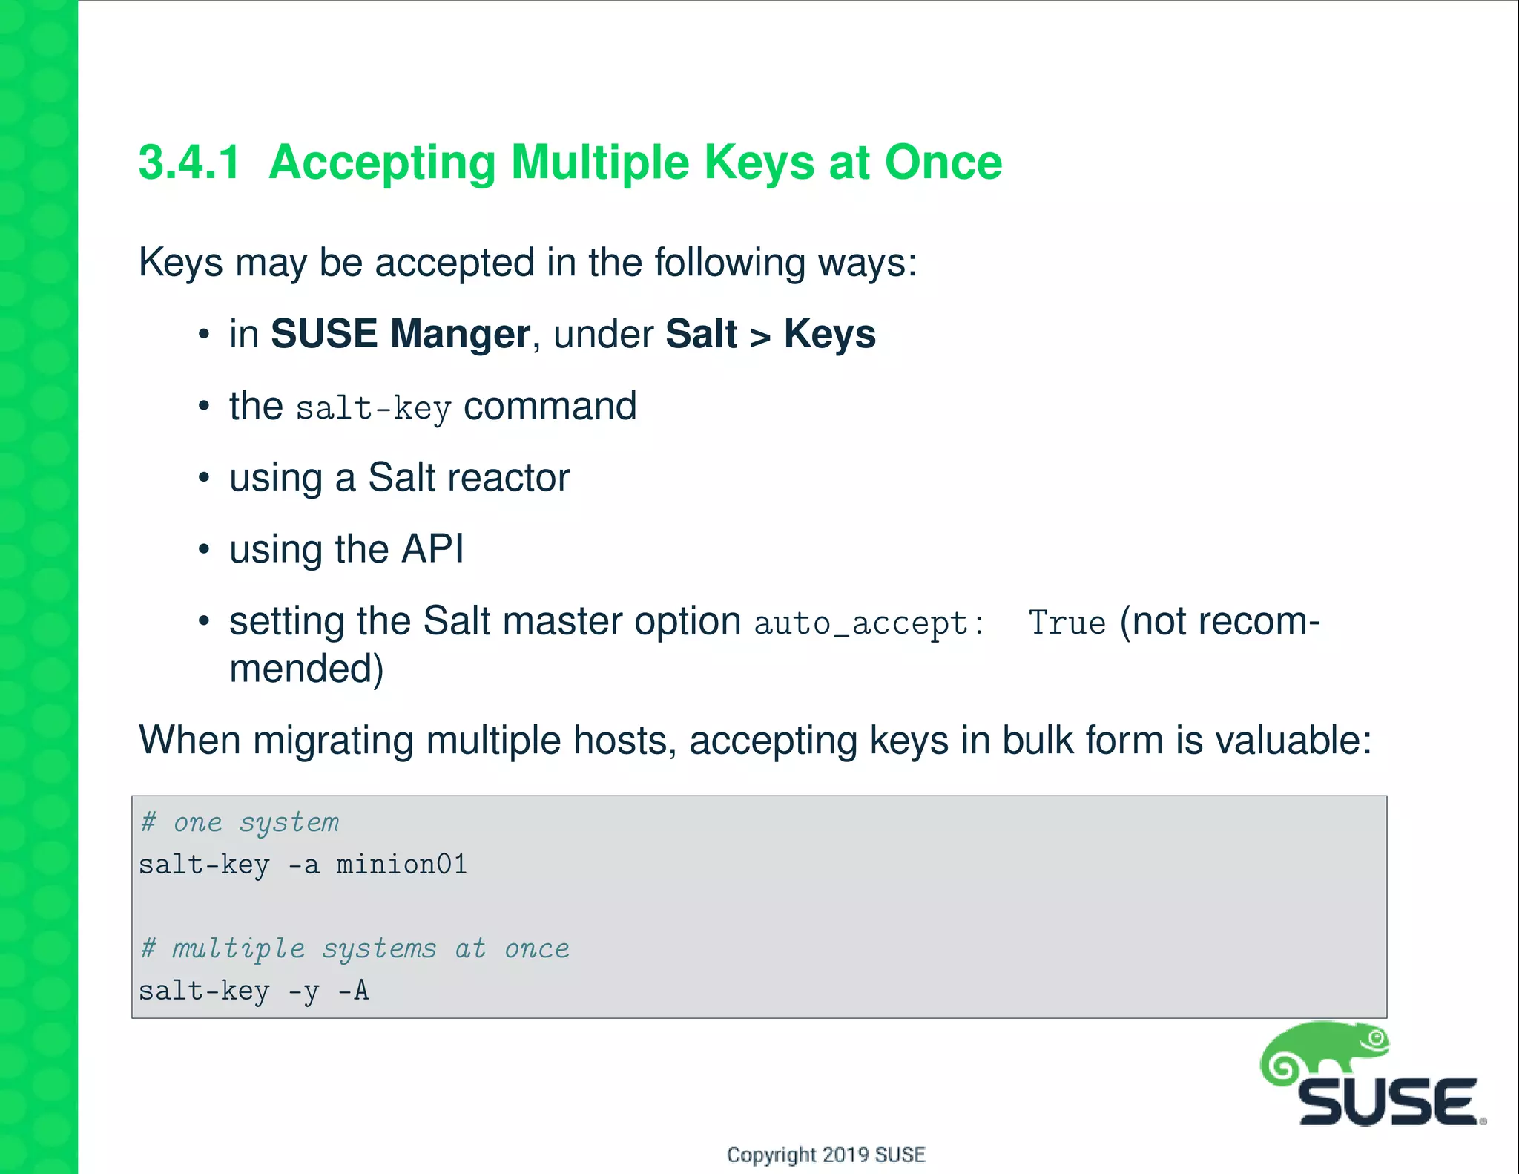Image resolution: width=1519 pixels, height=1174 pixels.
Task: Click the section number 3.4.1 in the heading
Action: (190, 163)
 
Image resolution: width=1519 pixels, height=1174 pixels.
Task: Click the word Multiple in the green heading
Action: (600, 163)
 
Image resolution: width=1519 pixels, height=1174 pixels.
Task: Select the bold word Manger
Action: (460, 335)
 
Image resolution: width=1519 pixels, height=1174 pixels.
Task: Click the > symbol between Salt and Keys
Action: (760, 336)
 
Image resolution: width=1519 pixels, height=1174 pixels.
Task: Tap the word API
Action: (432, 549)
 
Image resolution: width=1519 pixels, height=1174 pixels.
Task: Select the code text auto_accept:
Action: (869, 624)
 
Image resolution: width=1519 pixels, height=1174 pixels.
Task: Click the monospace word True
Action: (1067, 623)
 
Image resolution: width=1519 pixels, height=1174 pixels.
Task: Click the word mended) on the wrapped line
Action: (306, 669)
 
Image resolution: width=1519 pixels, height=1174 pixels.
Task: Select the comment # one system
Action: (240, 822)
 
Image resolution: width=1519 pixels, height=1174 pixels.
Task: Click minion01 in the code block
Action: (401, 865)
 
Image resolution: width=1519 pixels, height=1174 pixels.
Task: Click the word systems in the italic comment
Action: (379, 949)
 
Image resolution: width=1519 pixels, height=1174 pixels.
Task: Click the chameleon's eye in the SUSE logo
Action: (1377, 1038)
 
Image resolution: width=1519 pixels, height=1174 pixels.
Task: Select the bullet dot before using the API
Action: (204, 550)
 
